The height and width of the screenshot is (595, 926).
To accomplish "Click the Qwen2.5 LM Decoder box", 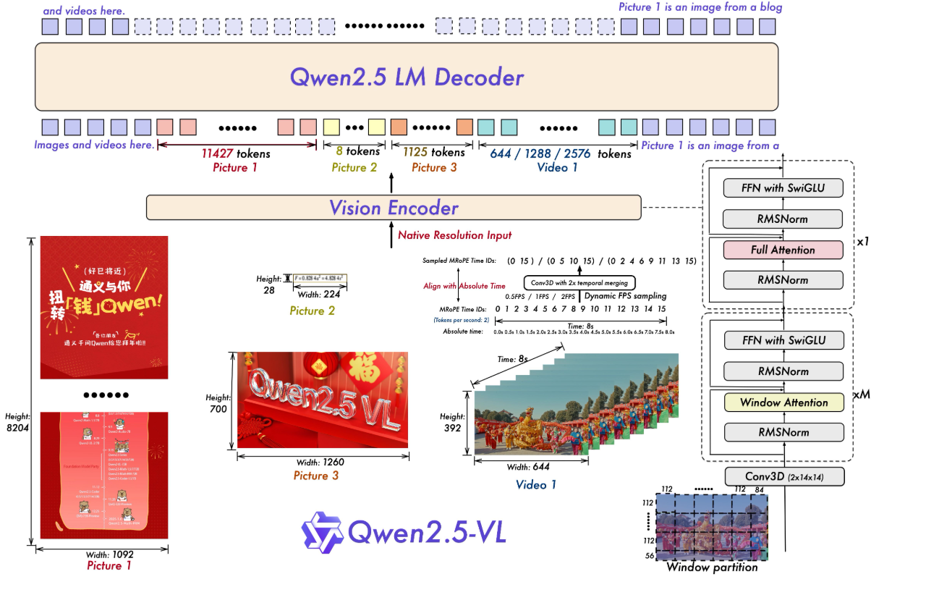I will [407, 77].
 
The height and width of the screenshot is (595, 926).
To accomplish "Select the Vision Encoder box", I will [394, 208].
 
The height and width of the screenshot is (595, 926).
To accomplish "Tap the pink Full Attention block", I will [783, 250].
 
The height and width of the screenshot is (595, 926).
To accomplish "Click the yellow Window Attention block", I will [783, 402].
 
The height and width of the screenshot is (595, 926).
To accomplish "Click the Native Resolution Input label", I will [454, 235].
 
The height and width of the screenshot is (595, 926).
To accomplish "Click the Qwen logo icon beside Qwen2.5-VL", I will [322, 532].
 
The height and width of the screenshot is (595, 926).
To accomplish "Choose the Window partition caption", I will [712, 567].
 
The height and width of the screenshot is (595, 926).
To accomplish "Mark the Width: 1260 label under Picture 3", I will [323, 463].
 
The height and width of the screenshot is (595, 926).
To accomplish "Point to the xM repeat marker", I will [860, 394].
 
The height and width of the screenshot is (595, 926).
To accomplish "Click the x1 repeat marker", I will [862, 240].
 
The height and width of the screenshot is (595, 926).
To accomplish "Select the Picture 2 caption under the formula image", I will [312, 311].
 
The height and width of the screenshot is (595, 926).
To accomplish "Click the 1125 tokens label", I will [427, 152].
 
